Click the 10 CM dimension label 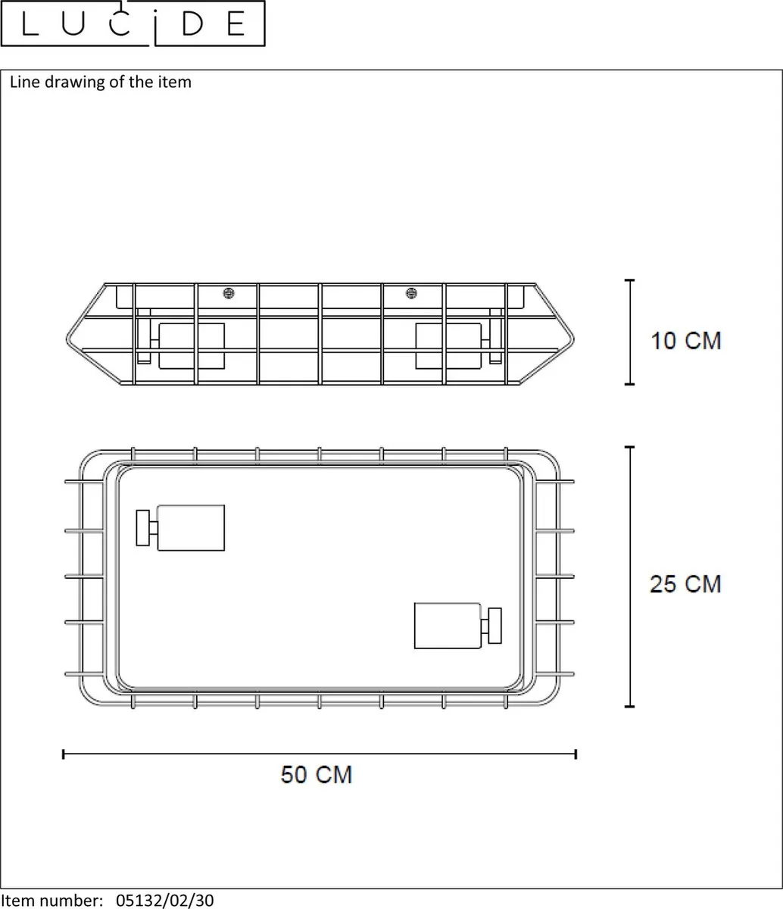(x=686, y=341)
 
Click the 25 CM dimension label (x=685, y=584)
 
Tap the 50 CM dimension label (x=317, y=774)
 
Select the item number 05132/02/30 (x=165, y=900)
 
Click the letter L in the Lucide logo (x=30, y=23)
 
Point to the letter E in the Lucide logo (x=236, y=23)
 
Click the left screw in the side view (x=229, y=293)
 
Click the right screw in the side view (x=411, y=293)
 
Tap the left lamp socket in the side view (x=192, y=346)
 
